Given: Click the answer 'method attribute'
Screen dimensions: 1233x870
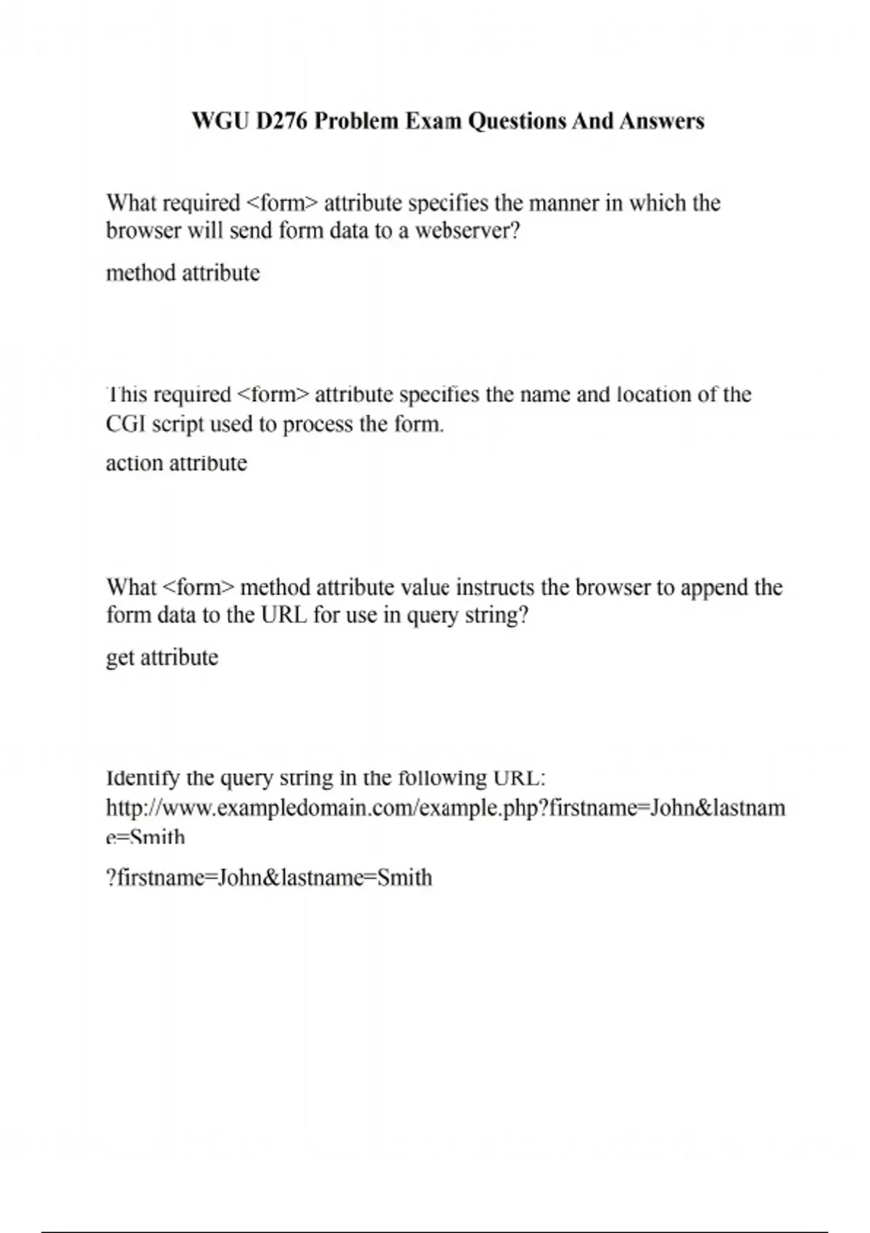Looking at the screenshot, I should pos(183,273).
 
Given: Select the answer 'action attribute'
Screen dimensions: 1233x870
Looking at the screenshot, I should pos(176,463).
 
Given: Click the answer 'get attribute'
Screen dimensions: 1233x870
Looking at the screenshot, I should pos(162,657).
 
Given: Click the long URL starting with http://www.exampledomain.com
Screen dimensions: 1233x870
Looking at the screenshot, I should pos(445,807).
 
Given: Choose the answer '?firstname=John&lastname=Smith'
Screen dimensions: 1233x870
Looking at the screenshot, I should pos(269,878).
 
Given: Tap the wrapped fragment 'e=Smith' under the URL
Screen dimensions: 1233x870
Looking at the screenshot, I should pos(145,837).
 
